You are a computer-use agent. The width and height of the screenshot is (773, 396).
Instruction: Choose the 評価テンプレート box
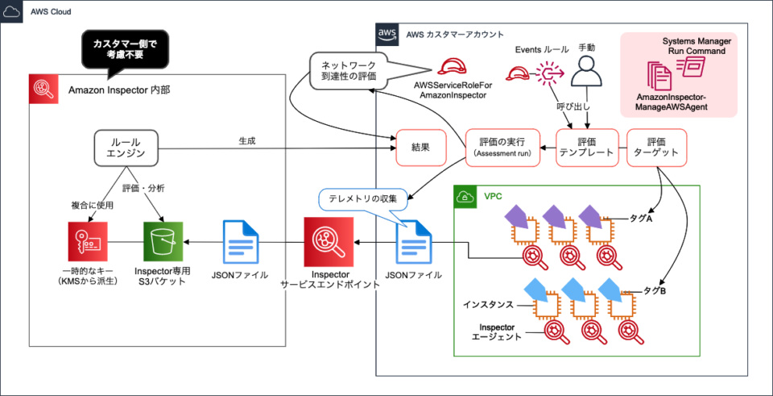(x=587, y=148)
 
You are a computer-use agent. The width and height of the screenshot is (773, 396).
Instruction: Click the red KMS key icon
(x=88, y=241)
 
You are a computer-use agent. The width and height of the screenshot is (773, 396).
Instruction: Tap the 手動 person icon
(x=587, y=76)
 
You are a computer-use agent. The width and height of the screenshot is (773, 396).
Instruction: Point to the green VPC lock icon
(x=465, y=197)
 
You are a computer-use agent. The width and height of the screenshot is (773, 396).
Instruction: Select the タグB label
(x=653, y=290)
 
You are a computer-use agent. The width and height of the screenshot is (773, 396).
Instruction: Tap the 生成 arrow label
(x=246, y=140)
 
